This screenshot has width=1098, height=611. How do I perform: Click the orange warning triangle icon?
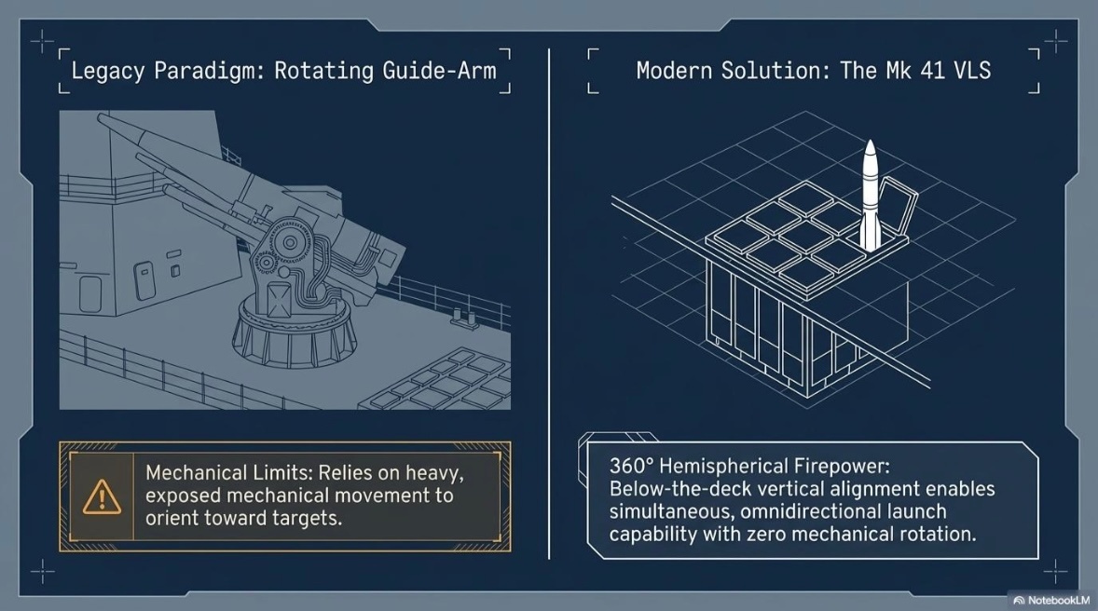[x=102, y=497]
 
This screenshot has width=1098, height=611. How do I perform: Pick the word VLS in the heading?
[x=973, y=70]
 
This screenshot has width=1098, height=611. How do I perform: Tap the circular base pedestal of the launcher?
[x=293, y=330]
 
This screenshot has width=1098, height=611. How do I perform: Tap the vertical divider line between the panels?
[x=549, y=304]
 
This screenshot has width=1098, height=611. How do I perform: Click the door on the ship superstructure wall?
[x=89, y=294]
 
